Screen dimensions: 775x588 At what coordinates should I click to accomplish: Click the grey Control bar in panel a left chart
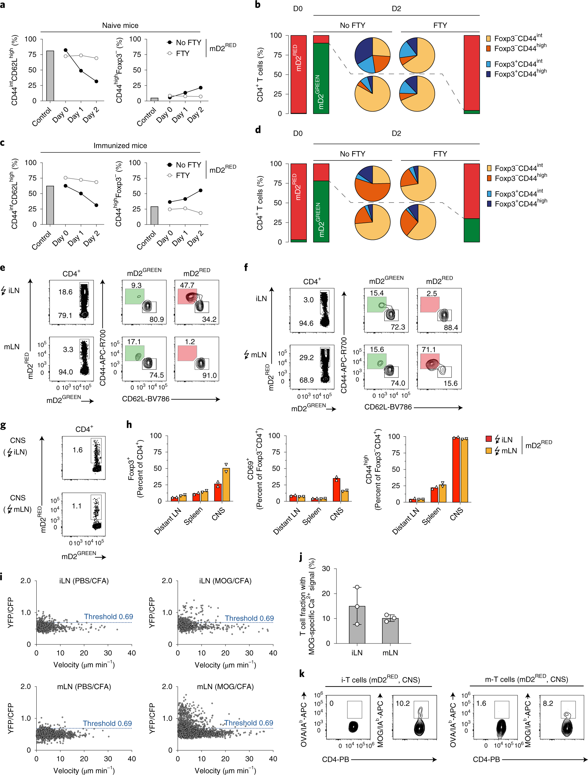(50, 76)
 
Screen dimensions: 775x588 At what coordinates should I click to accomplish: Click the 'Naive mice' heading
(120, 25)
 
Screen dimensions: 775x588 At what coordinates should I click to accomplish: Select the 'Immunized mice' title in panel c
(120, 145)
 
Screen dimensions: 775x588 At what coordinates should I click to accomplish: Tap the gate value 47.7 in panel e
(187, 285)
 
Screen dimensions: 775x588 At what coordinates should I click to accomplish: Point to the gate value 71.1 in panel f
(429, 350)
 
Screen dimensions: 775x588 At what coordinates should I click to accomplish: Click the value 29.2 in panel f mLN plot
(306, 357)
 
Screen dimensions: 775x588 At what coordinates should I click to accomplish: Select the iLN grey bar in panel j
(357, 625)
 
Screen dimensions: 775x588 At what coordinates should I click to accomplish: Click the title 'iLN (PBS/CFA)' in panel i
(84, 581)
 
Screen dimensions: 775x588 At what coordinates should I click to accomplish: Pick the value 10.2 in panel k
(403, 704)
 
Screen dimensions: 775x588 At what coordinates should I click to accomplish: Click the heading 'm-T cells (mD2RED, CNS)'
(526, 679)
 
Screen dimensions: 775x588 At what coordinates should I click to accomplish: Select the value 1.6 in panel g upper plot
(77, 450)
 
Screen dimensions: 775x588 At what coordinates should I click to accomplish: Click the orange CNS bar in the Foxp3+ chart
(226, 485)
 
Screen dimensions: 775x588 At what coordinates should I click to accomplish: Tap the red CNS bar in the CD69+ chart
(336, 489)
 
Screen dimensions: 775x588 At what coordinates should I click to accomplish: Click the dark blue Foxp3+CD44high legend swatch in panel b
(489, 74)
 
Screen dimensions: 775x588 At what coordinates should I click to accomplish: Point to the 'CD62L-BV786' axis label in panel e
(146, 399)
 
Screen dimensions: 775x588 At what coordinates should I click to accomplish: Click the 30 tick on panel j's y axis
(326, 569)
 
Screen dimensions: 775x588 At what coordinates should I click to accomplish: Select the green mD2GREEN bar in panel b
(321, 78)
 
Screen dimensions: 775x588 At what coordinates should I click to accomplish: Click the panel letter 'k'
(302, 673)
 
